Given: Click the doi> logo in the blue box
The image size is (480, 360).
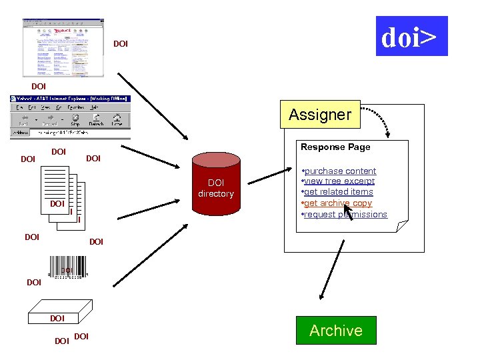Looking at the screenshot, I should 411,37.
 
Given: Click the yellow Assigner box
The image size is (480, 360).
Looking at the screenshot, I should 320,115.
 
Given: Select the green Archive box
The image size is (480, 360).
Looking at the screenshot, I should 336,330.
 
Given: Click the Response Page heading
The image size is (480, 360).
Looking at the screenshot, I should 335,147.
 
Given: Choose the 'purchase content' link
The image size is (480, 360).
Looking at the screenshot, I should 340,171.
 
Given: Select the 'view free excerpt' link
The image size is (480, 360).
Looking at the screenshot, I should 339,181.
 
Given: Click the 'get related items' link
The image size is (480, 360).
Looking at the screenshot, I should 338,192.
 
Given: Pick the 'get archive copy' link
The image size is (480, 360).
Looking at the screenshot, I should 337,203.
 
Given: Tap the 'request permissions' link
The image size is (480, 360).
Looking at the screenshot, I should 345,215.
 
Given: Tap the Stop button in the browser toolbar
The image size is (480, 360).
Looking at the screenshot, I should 75,121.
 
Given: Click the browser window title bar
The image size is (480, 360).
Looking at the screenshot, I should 70,99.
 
